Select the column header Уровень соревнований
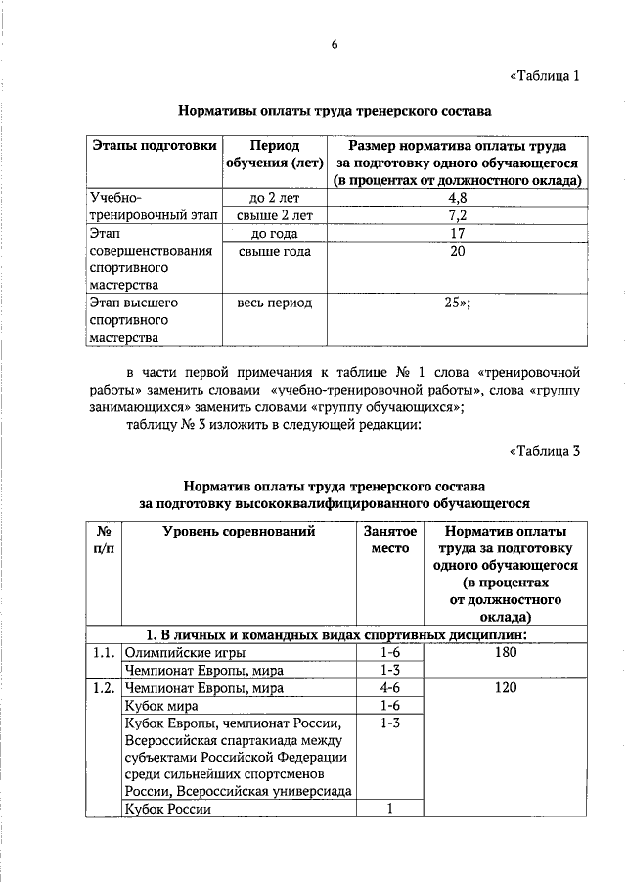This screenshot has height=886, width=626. pos(239,533)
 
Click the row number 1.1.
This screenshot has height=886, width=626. pos(101,652)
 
